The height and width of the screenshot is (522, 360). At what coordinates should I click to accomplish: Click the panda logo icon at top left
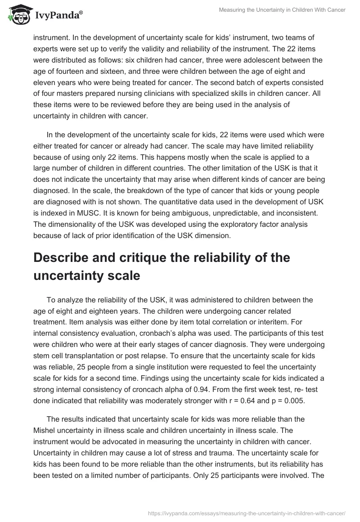point(17,14)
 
